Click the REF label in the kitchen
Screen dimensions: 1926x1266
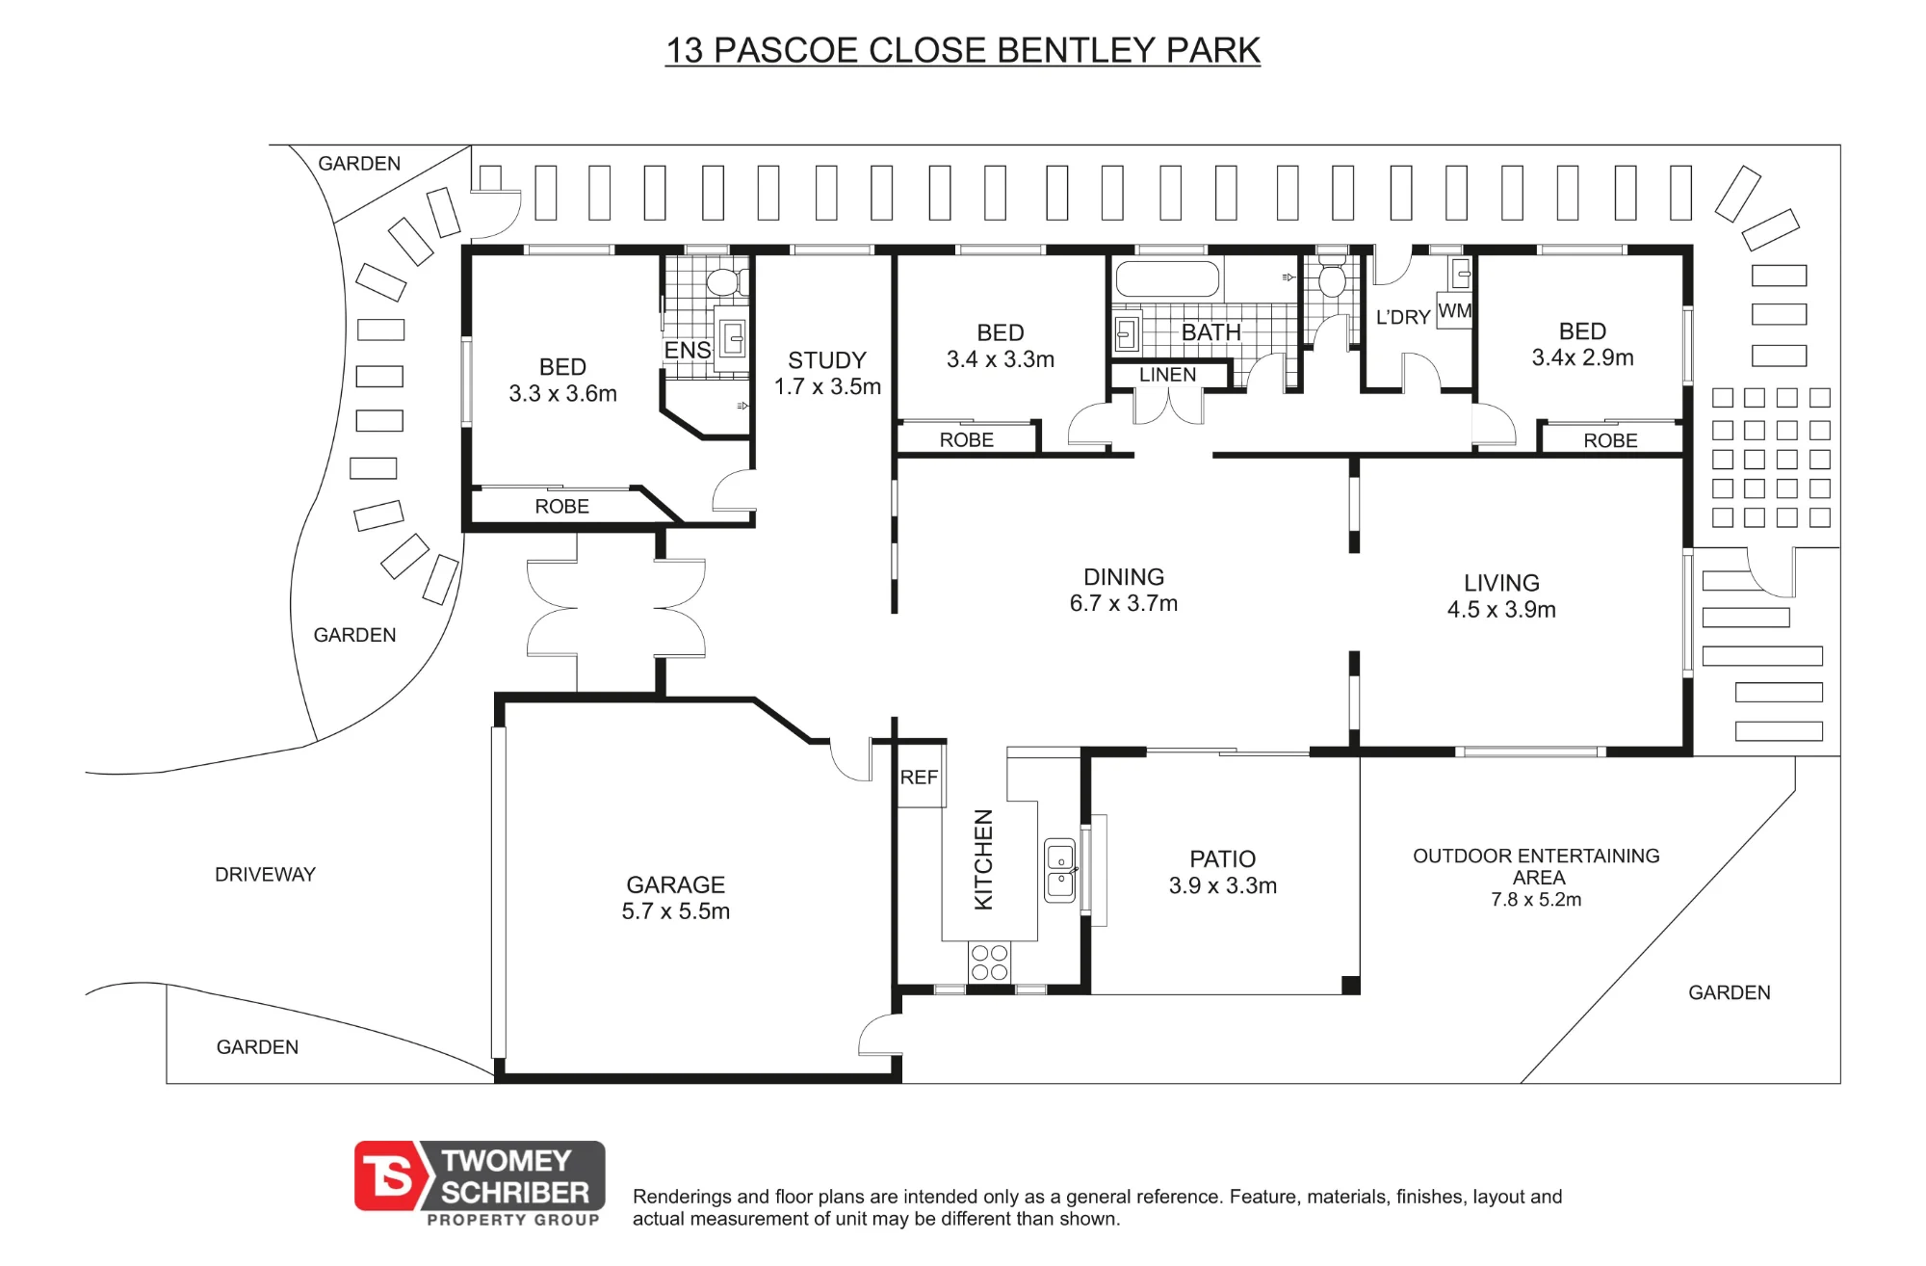919,778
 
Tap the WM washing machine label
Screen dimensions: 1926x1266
1454,311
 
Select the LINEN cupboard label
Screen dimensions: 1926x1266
1167,375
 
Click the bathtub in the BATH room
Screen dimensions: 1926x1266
1167,279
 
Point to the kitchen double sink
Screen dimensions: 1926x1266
1059,870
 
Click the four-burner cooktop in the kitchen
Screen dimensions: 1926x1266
989,963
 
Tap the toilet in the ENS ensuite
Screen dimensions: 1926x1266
723,282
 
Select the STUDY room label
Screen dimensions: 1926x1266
827,360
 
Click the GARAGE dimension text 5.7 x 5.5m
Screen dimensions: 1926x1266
676,911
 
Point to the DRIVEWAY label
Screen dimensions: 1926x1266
265,875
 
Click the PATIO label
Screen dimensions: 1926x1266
1223,859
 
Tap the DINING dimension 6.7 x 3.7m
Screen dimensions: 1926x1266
1124,603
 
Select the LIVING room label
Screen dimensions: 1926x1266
1501,583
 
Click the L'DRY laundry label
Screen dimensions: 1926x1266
1403,317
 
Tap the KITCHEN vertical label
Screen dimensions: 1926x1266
983,859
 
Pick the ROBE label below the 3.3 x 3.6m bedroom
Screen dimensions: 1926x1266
561,507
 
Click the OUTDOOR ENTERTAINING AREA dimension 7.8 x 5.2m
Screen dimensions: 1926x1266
1536,900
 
